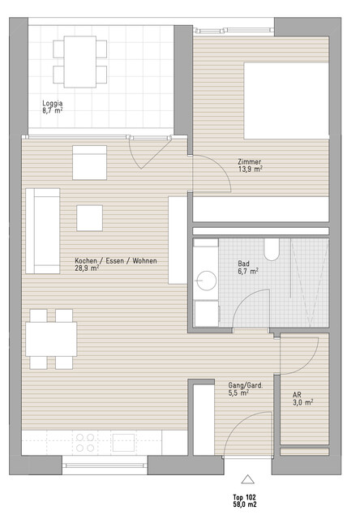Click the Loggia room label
click(52, 104)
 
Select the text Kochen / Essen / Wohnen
click(116, 261)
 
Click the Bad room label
click(243, 264)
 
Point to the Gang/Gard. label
click(245, 386)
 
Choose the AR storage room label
click(297, 395)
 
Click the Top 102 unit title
click(245, 497)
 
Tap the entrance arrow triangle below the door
click(247, 479)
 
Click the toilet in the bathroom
click(272, 249)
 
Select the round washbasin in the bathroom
click(206, 281)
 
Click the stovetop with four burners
click(85, 443)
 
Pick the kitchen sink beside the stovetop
click(123, 443)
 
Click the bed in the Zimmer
click(286, 101)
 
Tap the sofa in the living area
click(43, 231)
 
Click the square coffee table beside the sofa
click(90, 218)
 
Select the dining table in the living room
click(51, 339)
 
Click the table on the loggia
click(80, 62)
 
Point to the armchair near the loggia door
click(90, 162)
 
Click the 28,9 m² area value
click(87, 268)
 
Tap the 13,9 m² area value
click(251, 169)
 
